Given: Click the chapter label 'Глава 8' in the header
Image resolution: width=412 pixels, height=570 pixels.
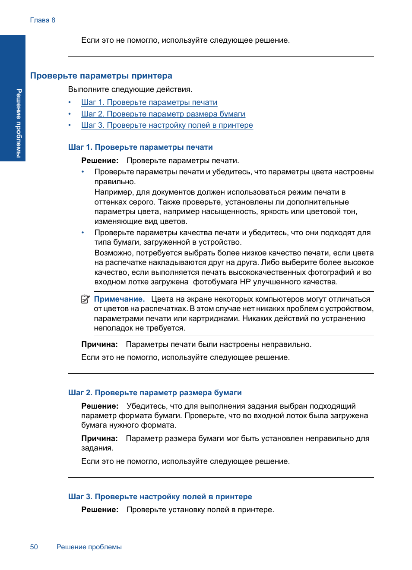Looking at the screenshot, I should pos(42,20).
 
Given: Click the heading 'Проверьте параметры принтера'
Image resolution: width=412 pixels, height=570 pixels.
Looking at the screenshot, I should pos(101,76).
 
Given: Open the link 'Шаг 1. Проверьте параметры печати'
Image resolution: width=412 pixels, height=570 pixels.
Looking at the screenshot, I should pos(149,103).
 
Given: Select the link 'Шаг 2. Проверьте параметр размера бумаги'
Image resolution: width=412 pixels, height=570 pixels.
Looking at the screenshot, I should pos(163,114).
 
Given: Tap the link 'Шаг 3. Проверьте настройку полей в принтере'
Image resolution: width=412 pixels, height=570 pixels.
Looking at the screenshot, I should pos(167,125).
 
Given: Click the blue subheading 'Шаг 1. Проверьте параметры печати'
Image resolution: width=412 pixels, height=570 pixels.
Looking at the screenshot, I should pos(140,147).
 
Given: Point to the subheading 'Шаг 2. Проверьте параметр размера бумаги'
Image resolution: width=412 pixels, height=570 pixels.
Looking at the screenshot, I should pos(155,393).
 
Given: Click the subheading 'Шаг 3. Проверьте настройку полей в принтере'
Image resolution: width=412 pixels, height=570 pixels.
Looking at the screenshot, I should pos(160,497).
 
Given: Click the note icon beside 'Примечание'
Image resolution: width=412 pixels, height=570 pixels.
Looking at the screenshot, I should pos(86,299).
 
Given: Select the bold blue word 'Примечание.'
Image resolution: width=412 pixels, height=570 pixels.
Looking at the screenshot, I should pos(119,299).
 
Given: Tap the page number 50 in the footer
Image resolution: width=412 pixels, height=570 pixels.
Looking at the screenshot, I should pos(34,547).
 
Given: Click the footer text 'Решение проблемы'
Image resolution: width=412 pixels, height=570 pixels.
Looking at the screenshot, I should pos(89,547).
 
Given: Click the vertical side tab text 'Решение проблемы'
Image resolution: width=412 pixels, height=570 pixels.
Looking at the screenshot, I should pos(19,123).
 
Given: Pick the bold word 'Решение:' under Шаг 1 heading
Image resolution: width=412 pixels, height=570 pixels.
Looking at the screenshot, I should pos(100,161).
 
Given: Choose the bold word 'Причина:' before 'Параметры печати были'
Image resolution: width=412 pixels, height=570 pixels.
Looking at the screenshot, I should pos(99,344).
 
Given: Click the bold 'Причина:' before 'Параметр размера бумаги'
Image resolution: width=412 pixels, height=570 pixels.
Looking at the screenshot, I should pos(99,438).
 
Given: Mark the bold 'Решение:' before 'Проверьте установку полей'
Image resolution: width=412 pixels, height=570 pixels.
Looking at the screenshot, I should pos(100,510).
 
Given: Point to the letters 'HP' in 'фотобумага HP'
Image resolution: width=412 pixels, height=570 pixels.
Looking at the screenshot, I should pos(245,282).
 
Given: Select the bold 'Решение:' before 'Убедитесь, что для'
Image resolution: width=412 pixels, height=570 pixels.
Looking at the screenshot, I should pos(100,406).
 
